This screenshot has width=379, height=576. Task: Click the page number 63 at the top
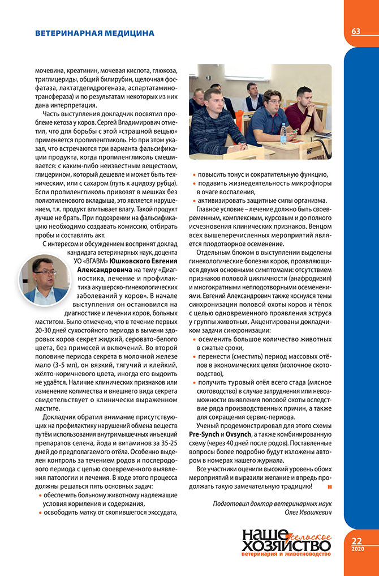pos(356,31)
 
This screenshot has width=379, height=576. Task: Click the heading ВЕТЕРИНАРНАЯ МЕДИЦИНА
pos(94,33)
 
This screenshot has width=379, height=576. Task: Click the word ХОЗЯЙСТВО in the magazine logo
pos(286,545)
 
